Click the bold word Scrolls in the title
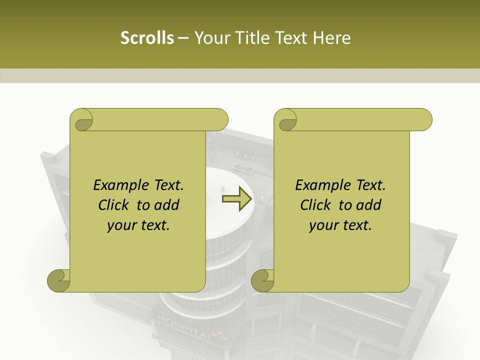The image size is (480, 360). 147,38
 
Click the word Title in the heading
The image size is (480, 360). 256,38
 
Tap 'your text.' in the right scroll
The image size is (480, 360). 340,225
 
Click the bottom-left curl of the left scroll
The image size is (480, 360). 59,280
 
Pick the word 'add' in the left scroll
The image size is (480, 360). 167,205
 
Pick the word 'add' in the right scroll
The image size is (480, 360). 369,205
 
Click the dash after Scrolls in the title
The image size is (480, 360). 183,38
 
